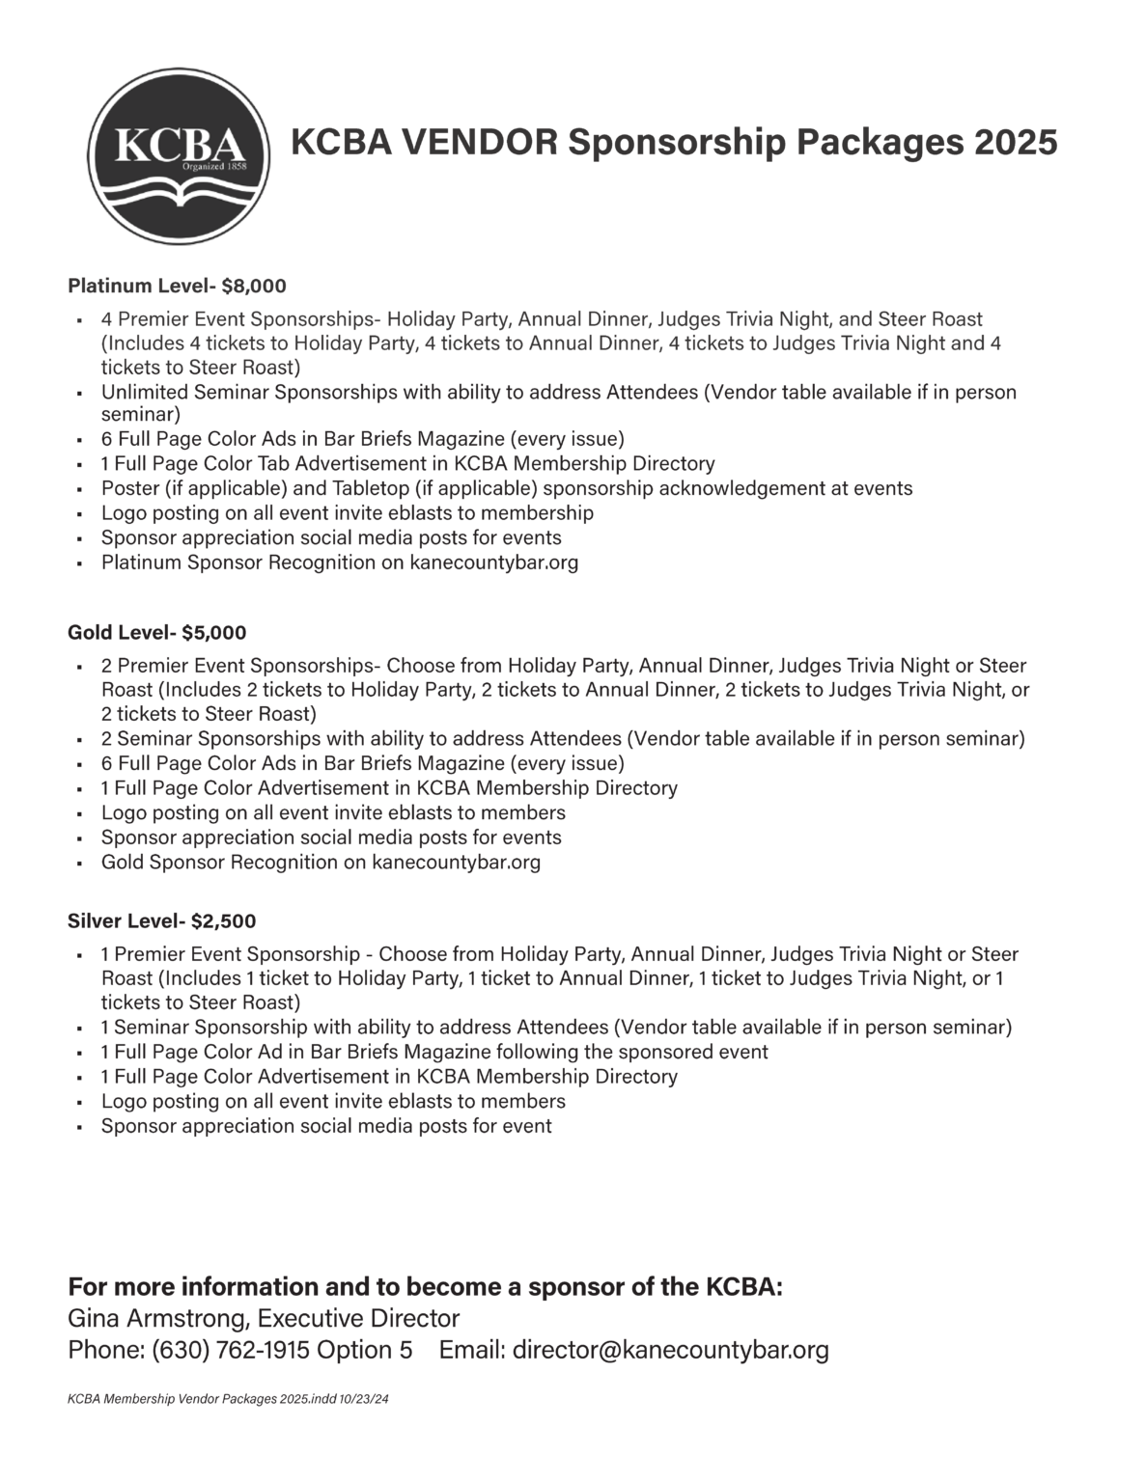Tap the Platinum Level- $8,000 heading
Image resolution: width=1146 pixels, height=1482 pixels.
pos(177,286)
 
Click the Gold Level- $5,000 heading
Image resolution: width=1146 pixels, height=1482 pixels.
pos(156,633)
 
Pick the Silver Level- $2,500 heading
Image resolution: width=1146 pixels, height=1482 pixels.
pos(161,921)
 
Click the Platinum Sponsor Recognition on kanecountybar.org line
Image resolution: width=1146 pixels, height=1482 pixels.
pos(340,563)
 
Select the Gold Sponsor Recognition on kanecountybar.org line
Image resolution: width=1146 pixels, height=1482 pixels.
pos(321,863)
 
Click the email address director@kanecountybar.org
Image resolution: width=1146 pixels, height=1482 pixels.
pos(670,1350)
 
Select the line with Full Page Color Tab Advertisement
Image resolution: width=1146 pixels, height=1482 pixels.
pos(407,464)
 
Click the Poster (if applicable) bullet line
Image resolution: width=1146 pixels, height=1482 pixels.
pos(506,488)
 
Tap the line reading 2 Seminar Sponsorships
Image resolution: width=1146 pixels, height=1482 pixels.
pos(562,739)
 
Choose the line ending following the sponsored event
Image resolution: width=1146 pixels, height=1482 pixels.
pos(434,1052)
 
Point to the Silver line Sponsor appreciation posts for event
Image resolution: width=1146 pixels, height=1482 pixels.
pos(326,1126)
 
